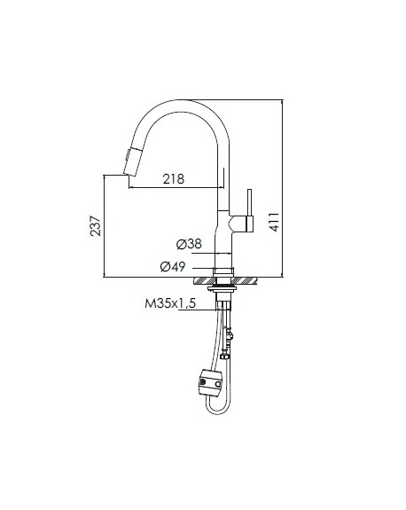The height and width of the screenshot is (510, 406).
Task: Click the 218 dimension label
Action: [x=174, y=179]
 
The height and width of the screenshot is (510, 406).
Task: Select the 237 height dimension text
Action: [x=96, y=225]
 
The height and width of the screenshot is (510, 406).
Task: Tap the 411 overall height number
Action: [x=274, y=222]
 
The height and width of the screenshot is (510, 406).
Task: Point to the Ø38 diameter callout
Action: [x=189, y=244]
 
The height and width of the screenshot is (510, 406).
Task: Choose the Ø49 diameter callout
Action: [x=173, y=267]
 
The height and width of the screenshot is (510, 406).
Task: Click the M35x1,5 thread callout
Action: [x=170, y=303]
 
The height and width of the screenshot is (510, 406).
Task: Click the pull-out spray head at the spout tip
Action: [x=132, y=161]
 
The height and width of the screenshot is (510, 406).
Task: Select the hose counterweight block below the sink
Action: [x=210, y=383]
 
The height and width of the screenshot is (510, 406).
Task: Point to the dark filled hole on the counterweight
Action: [x=203, y=382]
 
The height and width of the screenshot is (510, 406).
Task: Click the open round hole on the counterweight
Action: [x=218, y=384]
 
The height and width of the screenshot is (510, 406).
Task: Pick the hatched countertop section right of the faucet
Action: [x=243, y=280]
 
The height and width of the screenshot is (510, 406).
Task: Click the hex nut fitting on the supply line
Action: [x=224, y=356]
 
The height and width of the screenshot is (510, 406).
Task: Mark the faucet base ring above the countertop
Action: [x=223, y=272]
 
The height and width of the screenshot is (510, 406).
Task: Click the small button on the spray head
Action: [x=127, y=154]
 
